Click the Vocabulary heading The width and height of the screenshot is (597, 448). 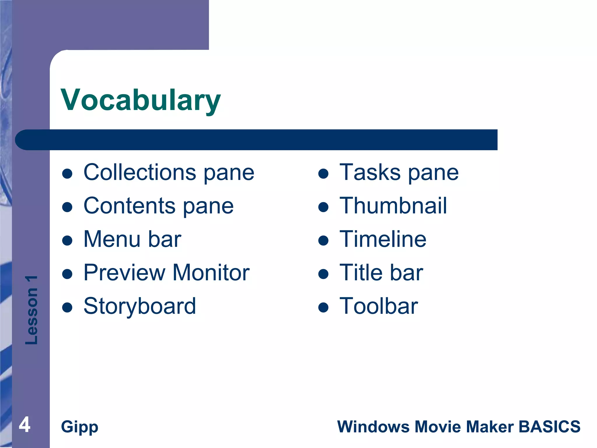[141, 100]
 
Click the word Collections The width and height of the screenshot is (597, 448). [140, 172]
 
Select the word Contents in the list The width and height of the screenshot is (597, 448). [129, 206]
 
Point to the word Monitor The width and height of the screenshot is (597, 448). [211, 273]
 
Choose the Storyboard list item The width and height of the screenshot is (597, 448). [140, 306]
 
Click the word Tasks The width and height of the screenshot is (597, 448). [370, 172]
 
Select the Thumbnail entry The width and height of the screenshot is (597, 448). [393, 206]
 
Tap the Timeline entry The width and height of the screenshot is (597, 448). [383, 239]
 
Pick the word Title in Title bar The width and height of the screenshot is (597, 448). [361, 273]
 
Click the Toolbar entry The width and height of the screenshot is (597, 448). [379, 306]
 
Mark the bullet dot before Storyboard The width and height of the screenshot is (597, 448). [67, 307]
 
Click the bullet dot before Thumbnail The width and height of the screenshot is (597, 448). [323, 207]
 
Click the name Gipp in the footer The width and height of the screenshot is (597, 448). [80, 427]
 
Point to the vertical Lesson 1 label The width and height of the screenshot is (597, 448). [31, 310]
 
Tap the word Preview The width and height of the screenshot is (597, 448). [124, 273]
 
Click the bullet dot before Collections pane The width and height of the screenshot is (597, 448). [67, 174]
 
